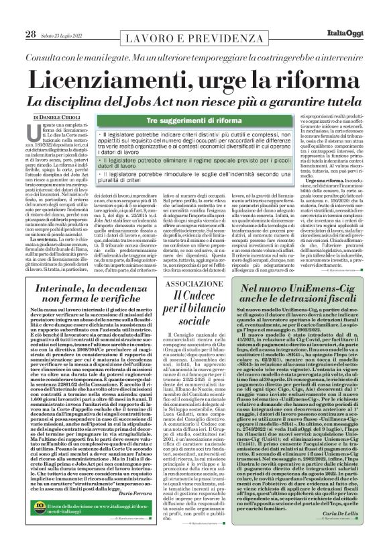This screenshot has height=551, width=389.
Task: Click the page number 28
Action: pyautogui.click(x=11, y=15)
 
